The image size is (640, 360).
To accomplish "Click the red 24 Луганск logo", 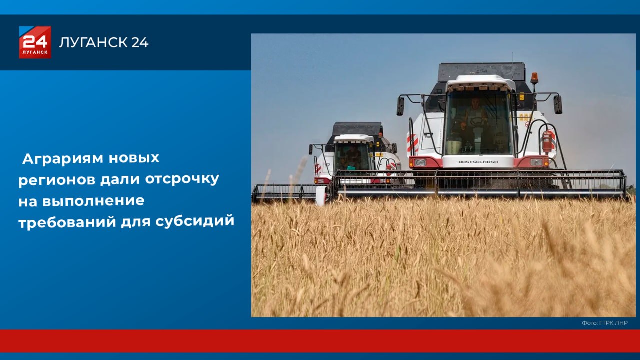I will [35, 42].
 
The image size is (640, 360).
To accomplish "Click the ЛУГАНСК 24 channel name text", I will [104, 43].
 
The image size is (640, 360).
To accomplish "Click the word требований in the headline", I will [67, 221].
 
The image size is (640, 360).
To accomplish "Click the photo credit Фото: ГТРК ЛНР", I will [604, 323].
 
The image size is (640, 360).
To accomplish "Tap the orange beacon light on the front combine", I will [534, 78].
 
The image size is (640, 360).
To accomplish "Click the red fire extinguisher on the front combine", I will [547, 141].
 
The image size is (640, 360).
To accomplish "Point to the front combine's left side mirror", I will [400, 106].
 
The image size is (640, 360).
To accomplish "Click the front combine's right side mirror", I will [557, 104].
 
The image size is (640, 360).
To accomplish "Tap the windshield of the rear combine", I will [353, 156].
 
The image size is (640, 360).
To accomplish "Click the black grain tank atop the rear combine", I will [357, 129].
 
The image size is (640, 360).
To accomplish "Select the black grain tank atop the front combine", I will [481, 71].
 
